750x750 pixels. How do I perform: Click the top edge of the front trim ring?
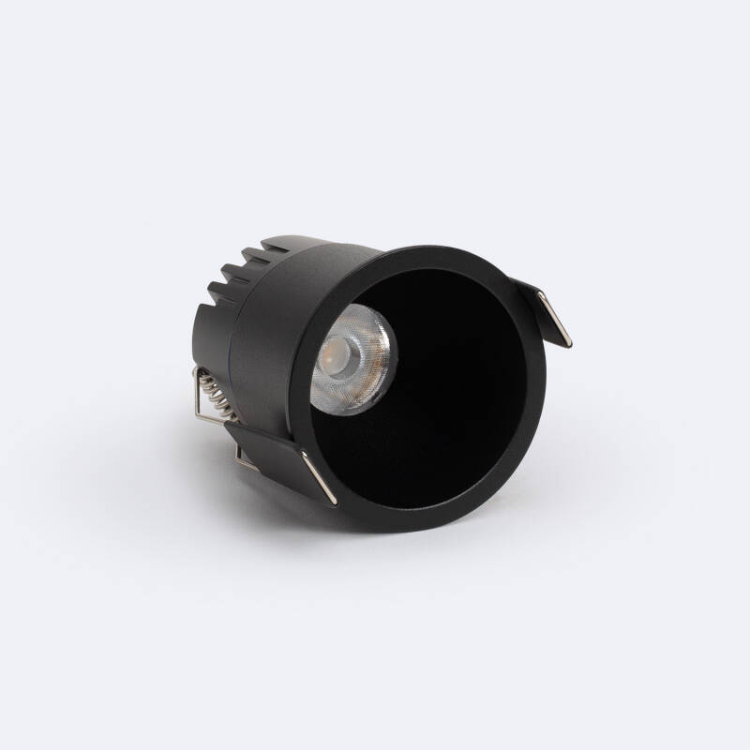pos(441,251)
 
